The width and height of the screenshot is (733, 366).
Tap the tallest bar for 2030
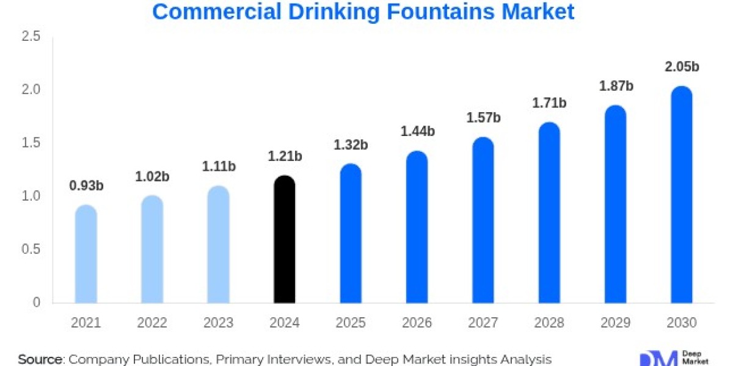[x=681, y=195]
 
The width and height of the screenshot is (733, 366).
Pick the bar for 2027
[x=483, y=220]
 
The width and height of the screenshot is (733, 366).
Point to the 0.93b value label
[x=86, y=186]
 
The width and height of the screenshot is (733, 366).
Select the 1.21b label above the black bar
[x=285, y=156]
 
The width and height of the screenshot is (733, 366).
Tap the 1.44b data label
[x=417, y=131]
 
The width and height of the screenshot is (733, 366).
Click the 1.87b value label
[x=616, y=86]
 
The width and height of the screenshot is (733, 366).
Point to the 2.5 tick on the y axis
[x=31, y=37]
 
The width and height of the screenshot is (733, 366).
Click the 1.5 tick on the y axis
[x=31, y=143]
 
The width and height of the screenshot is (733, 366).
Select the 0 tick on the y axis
[x=37, y=303]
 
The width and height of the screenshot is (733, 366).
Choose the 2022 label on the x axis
[x=152, y=323]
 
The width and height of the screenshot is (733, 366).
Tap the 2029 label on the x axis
[x=616, y=323]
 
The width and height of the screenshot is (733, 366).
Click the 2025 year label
[x=351, y=323]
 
